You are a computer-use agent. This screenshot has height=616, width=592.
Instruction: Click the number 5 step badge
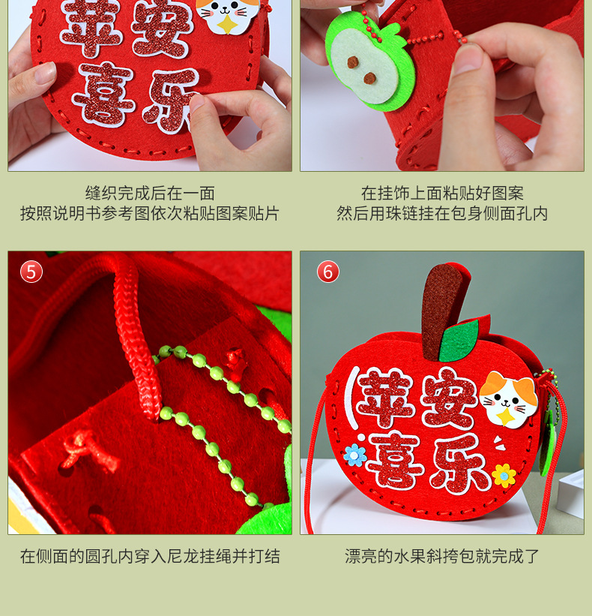(31, 272)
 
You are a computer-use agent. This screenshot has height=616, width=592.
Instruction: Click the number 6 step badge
(328, 272)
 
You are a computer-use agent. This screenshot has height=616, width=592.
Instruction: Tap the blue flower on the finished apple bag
(355, 455)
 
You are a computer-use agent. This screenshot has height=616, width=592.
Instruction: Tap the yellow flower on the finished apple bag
(504, 476)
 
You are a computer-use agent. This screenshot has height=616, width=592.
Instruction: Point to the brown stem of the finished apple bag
(443, 311)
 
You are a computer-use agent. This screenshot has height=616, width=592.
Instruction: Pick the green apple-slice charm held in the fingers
(369, 65)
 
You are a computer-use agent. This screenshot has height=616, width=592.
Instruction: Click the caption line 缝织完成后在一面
(151, 194)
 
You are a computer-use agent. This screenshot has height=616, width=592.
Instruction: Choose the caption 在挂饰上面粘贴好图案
(442, 194)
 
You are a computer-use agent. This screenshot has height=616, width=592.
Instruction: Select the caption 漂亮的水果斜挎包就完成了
(442, 556)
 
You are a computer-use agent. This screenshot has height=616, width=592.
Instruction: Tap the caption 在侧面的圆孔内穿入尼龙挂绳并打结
(151, 556)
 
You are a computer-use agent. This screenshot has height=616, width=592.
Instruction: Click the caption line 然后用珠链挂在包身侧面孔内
(442, 214)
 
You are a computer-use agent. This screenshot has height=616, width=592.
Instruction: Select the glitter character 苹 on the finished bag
(387, 398)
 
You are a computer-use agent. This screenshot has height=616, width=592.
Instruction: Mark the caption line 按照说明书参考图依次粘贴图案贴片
(151, 214)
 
